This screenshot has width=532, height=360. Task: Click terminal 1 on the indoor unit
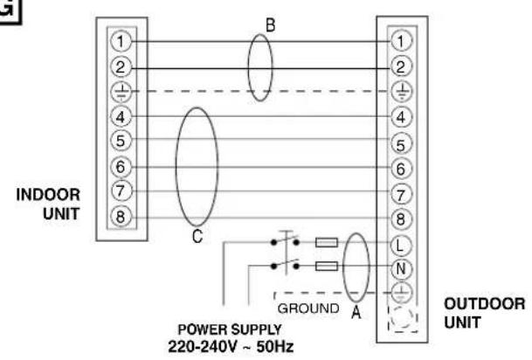pos(121,41)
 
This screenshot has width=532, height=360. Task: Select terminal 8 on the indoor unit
pos(121,217)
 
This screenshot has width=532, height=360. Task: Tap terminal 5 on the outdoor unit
pos(401,144)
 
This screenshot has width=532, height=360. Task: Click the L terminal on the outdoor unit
pos(401,245)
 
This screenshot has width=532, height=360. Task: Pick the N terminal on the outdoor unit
pos(401,268)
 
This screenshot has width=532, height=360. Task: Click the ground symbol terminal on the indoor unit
pos(121,92)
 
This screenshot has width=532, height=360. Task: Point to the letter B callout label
pos(271,25)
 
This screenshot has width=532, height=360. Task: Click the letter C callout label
pos(197,236)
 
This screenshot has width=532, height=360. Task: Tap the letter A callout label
pos(356,311)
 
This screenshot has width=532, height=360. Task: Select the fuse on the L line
pos(327,242)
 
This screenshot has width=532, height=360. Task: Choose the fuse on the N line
pos(327,266)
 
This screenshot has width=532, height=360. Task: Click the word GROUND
pos(308,308)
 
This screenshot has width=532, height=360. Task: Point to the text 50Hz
pos(275,346)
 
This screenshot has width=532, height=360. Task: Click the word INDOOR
pos(48,195)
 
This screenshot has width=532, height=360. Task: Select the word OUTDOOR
pos(485,304)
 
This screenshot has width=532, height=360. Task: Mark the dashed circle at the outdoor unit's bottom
pos(402,319)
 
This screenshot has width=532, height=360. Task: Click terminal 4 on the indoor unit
pos(121,117)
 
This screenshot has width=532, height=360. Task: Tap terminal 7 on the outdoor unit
pos(401,195)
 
